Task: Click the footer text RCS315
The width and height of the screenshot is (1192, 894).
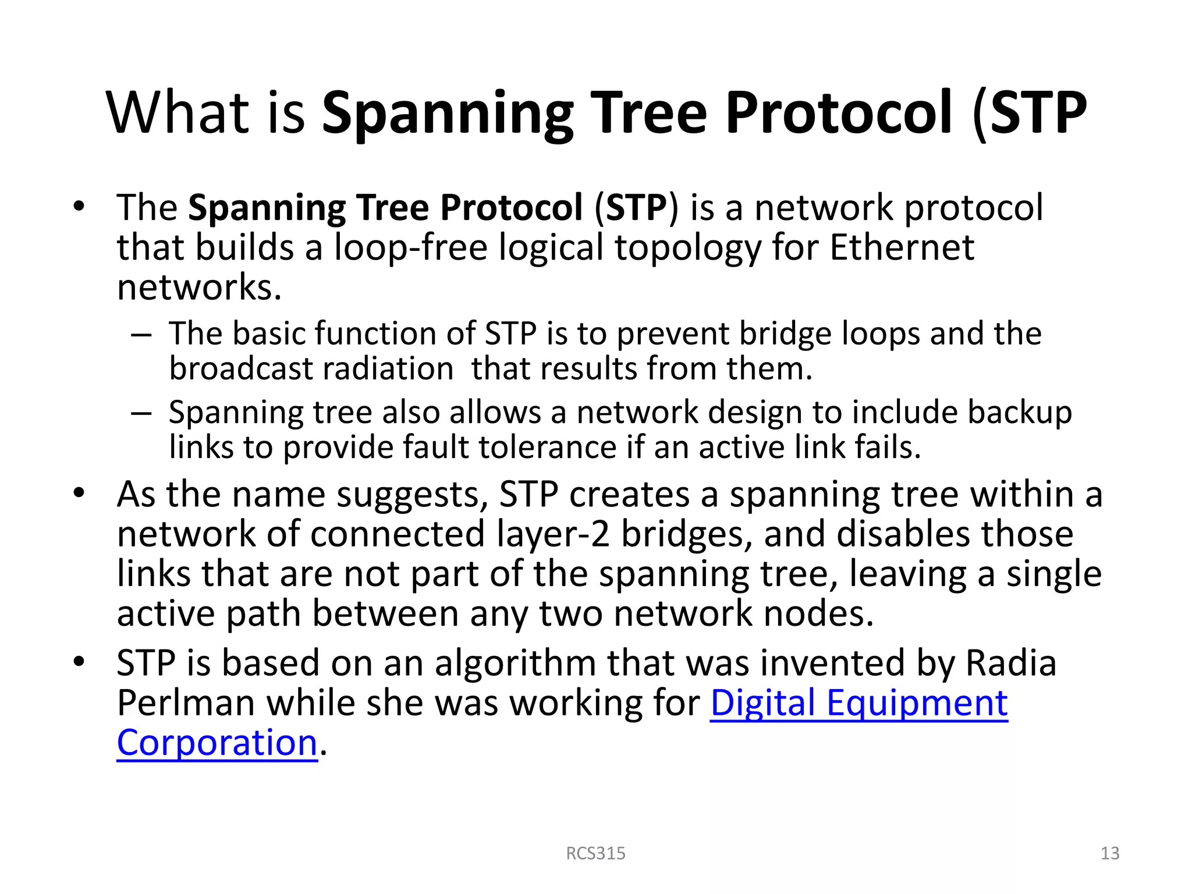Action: (x=595, y=853)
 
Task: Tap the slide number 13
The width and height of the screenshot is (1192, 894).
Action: (x=1110, y=853)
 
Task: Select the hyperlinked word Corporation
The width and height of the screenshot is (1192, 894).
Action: (x=217, y=743)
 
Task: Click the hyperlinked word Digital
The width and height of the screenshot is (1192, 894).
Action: (x=762, y=703)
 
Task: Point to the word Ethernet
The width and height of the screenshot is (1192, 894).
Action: (x=902, y=247)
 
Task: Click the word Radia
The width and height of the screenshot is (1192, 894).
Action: (x=1011, y=664)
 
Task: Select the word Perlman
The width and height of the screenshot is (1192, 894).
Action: (x=186, y=703)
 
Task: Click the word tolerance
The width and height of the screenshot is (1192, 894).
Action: (x=547, y=448)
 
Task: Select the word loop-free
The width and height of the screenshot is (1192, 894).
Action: (x=410, y=247)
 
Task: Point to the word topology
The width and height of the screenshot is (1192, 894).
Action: (x=687, y=247)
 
